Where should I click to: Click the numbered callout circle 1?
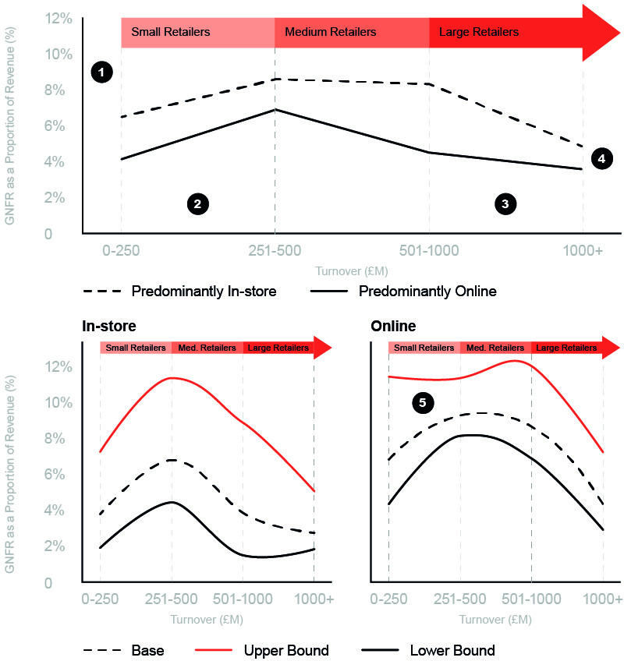(102, 72)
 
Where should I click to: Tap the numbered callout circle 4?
(600, 158)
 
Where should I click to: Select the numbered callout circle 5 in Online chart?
(423, 402)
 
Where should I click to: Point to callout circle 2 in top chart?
(197, 204)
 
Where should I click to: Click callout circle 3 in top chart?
(505, 204)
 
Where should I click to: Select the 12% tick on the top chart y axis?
(62, 18)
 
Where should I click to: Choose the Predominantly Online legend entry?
(427, 292)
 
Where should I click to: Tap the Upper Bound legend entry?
(285, 650)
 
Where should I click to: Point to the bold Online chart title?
(392, 326)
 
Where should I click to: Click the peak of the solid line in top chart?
(275, 110)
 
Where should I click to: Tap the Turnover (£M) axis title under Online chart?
(495, 620)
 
